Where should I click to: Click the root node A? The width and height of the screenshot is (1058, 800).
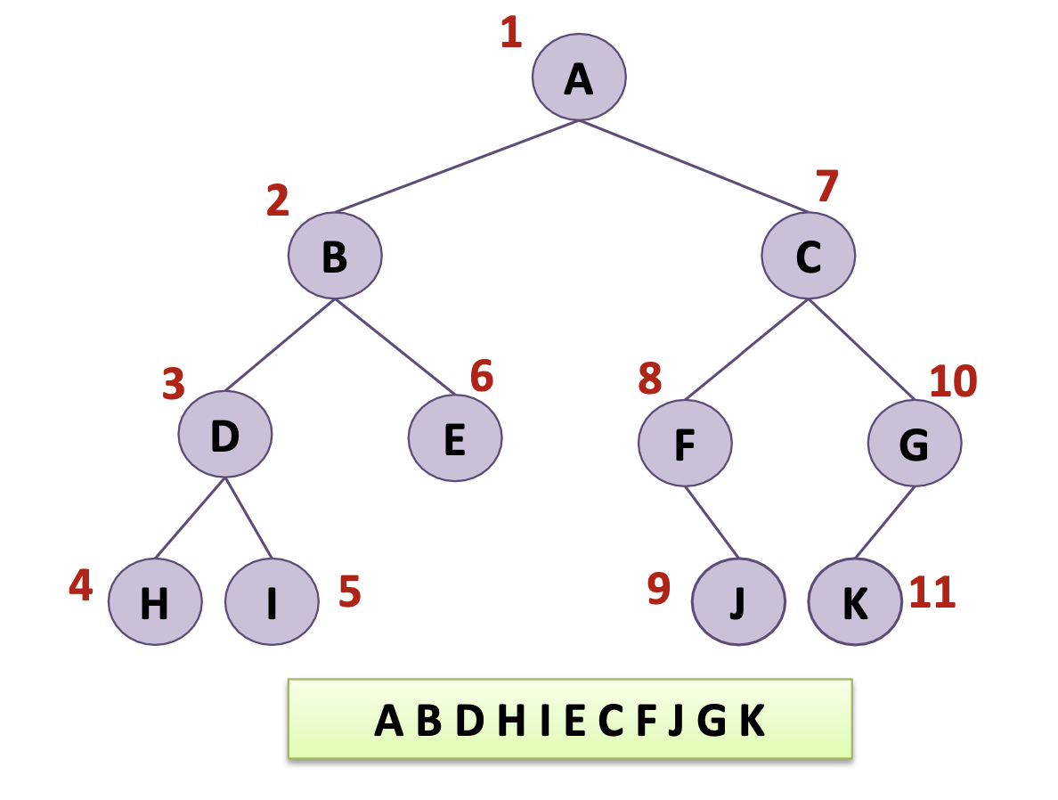pyautogui.click(x=579, y=78)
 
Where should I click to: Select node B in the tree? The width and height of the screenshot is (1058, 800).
pyautogui.click(x=335, y=256)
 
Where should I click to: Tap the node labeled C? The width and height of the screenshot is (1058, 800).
pyautogui.click(x=808, y=256)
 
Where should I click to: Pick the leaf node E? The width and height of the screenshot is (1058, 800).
pyautogui.click(x=455, y=437)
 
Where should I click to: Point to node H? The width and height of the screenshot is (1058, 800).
pyautogui.click(x=155, y=601)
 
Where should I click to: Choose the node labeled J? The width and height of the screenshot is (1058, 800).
pyautogui.click(x=738, y=601)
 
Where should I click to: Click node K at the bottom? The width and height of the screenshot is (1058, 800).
pyautogui.click(x=854, y=601)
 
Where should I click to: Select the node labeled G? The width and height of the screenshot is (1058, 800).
pyautogui.click(x=915, y=442)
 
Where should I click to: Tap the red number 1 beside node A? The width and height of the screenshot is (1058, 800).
pyautogui.click(x=510, y=34)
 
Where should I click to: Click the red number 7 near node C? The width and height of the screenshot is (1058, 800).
pyautogui.click(x=827, y=187)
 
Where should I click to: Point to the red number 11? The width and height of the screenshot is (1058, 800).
pyautogui.click(x=932, y=593)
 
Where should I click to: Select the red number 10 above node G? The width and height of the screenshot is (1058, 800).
pyautogui.click(x=953, y=381)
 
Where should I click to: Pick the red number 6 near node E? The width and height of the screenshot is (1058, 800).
pyautogui.click(x=481, y=377)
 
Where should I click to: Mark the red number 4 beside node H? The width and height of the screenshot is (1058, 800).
pyautogui.click(x=81, y=585)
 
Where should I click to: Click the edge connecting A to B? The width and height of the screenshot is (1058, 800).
pyautogui.click(x=457, y=167)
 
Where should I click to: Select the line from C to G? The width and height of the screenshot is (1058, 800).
pyautogui.click(x=861, y=349)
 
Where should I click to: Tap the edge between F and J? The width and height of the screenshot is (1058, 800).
pyautogui.click(x=712, y=522)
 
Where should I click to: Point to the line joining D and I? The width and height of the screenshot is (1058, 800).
pyautogui.click(x=248, y=518)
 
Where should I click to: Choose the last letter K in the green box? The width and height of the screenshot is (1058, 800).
pyautogui.click(x=753, y=721)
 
